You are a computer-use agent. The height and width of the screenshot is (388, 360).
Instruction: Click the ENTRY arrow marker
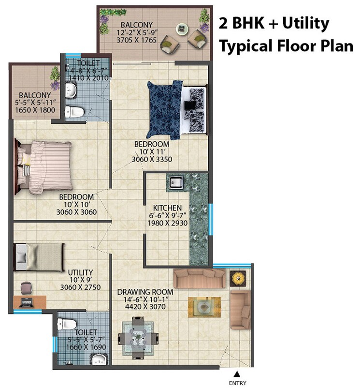[237, 374]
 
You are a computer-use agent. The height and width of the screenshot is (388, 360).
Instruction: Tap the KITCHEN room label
[167, 208]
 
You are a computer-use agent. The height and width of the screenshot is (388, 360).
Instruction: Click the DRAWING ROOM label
[145, 292]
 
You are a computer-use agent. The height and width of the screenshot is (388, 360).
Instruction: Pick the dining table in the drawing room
[138, 336]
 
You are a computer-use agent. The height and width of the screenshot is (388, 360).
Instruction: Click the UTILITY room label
[80, 272]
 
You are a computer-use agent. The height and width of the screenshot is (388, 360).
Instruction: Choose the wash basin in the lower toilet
[100, 359]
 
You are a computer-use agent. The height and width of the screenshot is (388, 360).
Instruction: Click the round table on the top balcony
[182, 29]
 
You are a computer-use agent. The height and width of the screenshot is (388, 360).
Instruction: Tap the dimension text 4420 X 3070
[145, 307]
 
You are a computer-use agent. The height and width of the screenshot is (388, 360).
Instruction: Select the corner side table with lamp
[238, 278]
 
